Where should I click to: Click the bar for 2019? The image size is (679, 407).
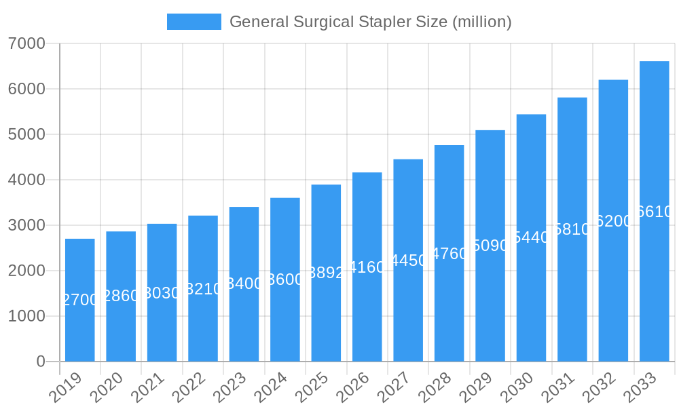tap(80, 300)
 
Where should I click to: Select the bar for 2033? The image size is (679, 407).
tap(654, 211)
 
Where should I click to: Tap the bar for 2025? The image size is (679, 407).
tap(326, 273)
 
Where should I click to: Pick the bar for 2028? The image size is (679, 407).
tap(449, 253)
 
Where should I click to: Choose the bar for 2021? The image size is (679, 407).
tap(162, 292)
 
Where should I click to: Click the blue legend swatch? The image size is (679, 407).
tap(194, 22)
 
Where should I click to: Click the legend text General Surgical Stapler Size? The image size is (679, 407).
tap(370, 22)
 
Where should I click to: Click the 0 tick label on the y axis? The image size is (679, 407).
tap(41, 362)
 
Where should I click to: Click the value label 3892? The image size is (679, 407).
tap(326, 273)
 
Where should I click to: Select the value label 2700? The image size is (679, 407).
tap(80, 300)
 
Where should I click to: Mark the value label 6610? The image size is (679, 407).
tap(654, 212)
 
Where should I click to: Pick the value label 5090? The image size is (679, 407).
tap(490, 246)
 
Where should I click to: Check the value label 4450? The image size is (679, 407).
tap(408, 260)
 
